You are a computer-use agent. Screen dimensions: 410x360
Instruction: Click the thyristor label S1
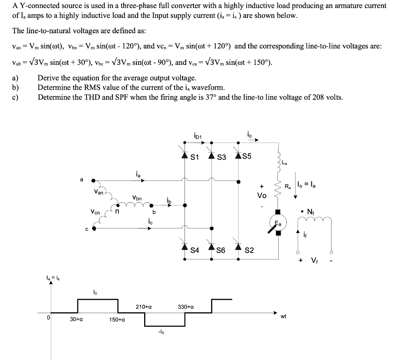coord(195,157)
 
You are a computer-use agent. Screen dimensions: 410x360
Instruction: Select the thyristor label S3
coord(222,157)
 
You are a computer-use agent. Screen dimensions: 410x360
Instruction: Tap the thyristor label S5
coord(247,156)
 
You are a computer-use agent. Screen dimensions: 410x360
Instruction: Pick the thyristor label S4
coord(195,251)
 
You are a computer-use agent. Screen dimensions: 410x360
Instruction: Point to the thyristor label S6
coord(221,251)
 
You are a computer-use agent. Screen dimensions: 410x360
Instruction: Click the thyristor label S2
coord(249,251)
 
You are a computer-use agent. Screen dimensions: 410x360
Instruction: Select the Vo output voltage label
coord(262,195)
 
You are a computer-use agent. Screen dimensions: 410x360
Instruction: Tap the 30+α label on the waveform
coord(76,320)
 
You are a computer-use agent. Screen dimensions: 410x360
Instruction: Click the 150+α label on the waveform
coord(117,320)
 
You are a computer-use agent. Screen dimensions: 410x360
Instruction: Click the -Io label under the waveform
coord(161,332)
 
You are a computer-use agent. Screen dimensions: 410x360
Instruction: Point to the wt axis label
coord(283,316)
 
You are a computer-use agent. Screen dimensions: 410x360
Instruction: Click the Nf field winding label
coord(311,211)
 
